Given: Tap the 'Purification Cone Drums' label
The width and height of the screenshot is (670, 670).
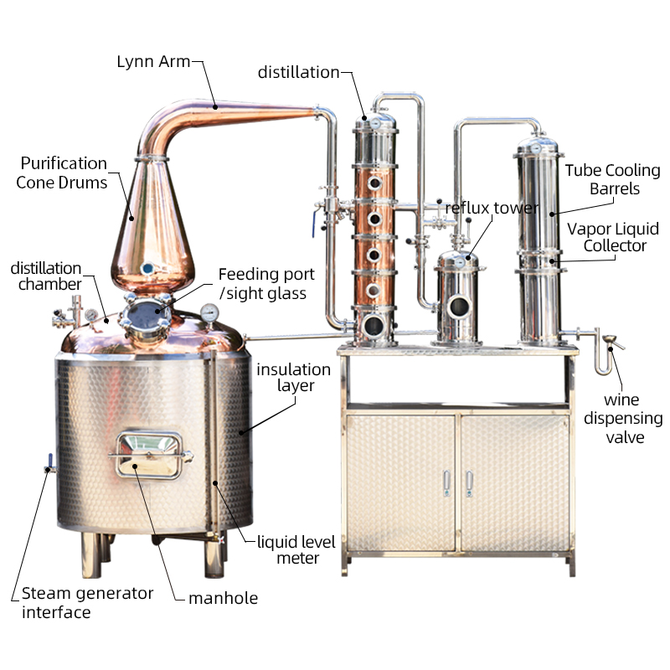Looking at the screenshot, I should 63,172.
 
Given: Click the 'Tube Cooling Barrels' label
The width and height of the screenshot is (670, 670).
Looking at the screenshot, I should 612,180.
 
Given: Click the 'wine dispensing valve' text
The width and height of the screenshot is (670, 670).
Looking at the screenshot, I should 624,418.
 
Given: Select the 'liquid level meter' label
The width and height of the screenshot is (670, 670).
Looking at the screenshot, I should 296,549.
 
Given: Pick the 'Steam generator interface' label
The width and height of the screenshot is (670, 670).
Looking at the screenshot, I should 87,602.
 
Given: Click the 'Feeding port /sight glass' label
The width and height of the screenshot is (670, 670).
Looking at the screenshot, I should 266,284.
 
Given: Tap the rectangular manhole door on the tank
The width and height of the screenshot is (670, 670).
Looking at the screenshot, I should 148,454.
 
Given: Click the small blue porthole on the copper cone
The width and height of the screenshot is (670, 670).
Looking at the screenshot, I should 148,269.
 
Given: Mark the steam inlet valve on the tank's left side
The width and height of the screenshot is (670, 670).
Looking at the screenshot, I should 48,463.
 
